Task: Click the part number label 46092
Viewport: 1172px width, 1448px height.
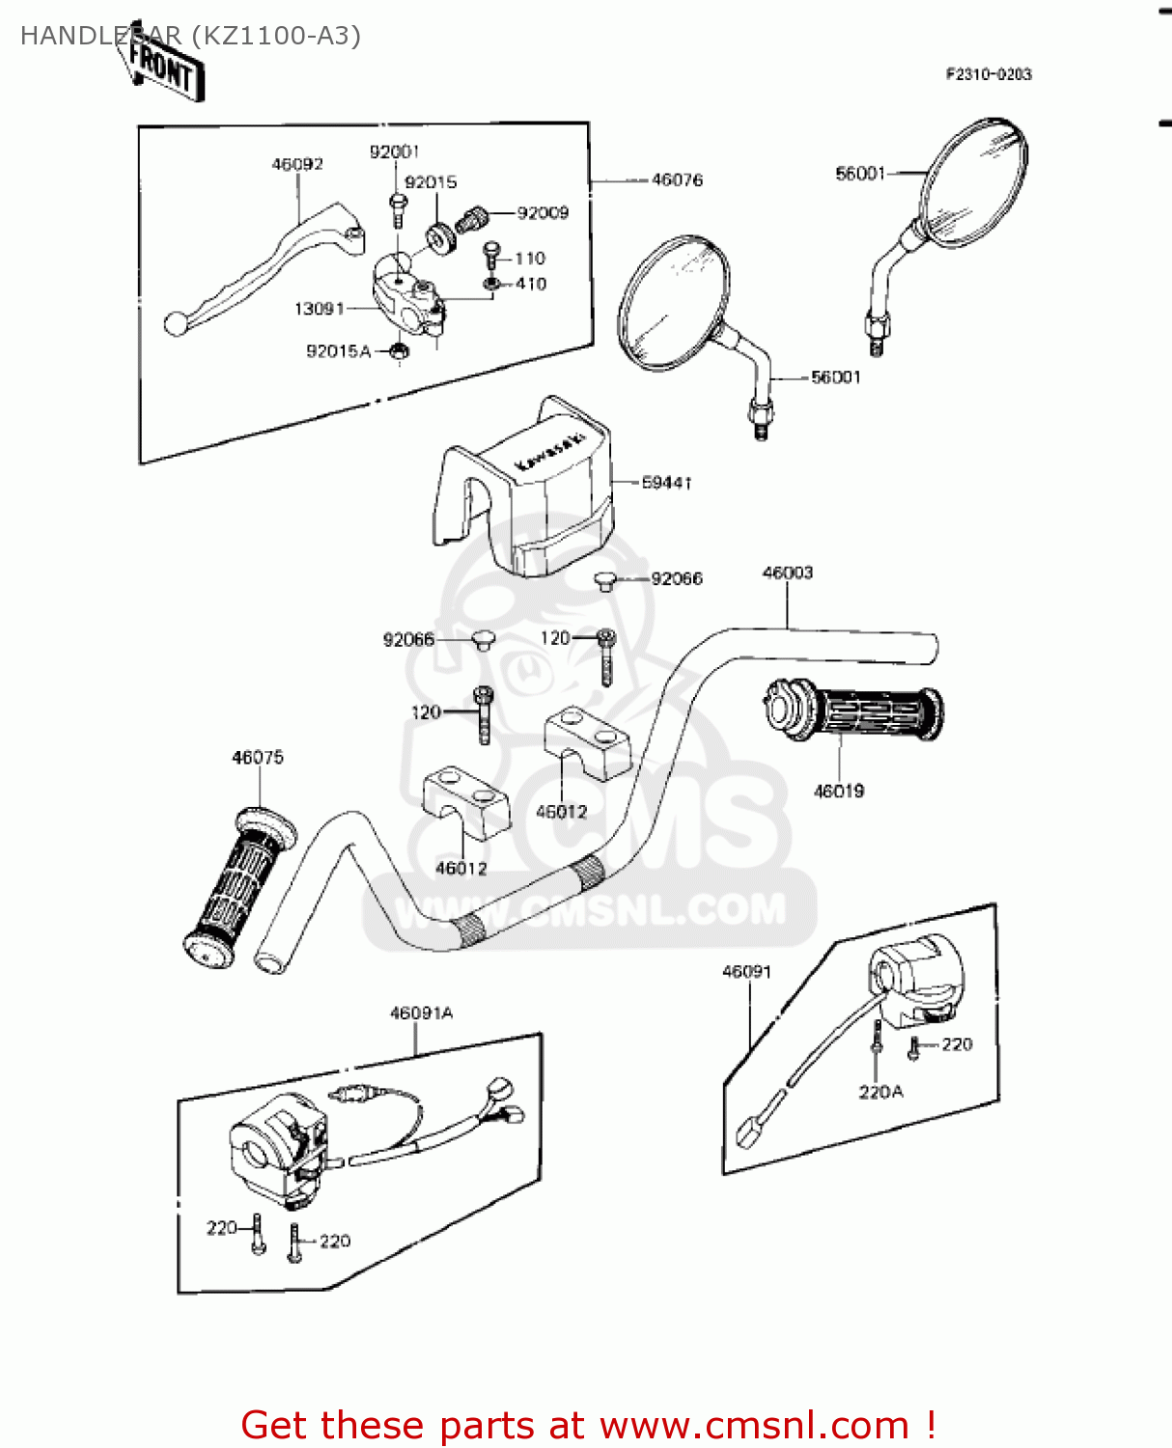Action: coord(297,165)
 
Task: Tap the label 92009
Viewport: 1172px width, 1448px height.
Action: coord(543,213)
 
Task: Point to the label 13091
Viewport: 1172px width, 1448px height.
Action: coord(319,309)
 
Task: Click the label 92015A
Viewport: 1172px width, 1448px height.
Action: coord(338,351)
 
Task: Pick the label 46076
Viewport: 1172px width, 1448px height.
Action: coord(677,181)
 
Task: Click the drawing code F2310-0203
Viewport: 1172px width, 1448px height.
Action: coord(989,74)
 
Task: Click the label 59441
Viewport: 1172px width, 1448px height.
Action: coord(666,483)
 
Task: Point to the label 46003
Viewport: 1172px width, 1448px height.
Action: coord(788,573)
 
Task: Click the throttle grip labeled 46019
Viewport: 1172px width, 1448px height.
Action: coord(854,714)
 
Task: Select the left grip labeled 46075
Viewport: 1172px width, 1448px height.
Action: coord(239,883)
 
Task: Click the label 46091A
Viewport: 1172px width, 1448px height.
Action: coord(421,1014)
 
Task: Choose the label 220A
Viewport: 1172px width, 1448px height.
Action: coord(880,1092)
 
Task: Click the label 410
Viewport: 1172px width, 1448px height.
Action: coord(531,284)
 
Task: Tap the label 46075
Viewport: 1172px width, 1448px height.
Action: coord(258,758)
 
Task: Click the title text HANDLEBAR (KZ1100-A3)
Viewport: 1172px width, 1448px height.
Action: coord(190,36)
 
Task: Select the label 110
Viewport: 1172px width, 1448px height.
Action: coord(530,259)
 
